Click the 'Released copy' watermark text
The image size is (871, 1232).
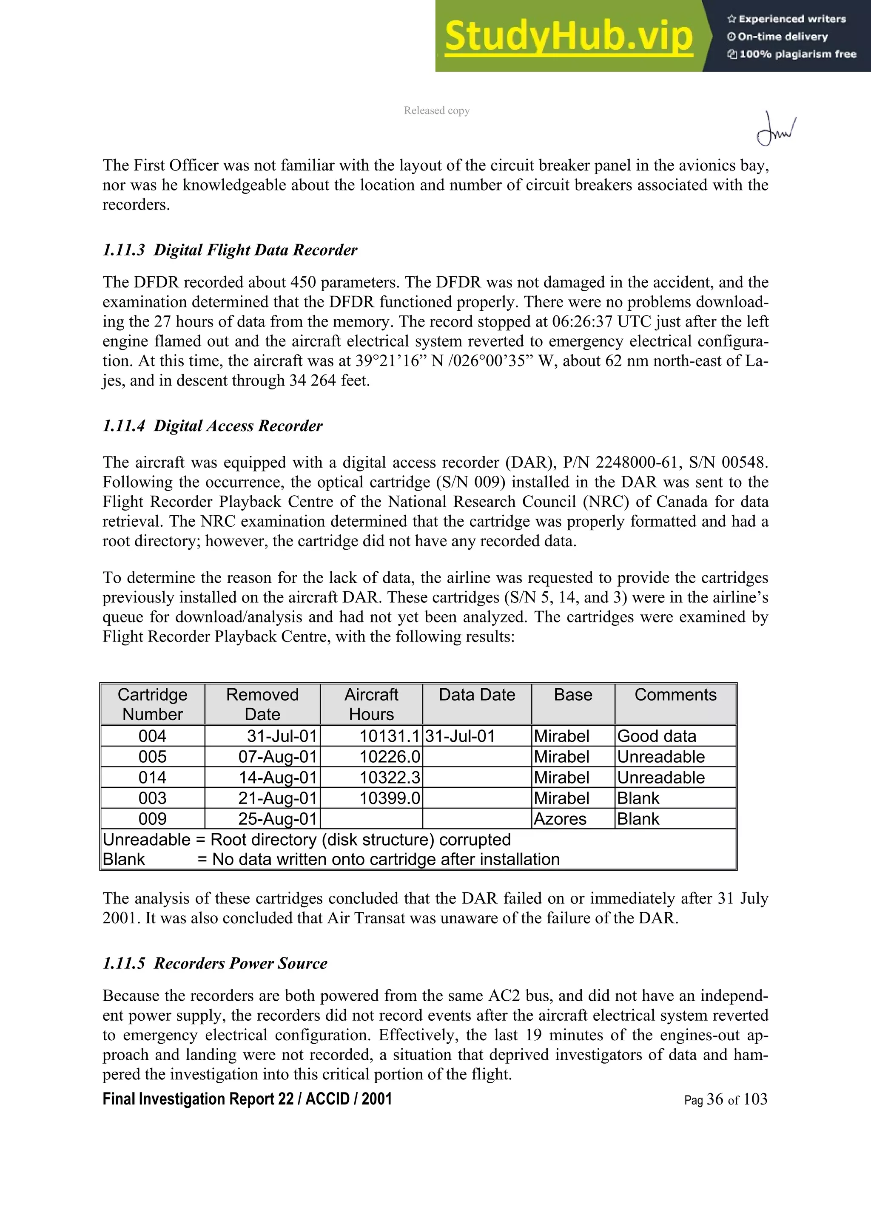coord(437,111)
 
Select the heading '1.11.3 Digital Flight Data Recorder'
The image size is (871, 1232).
coord(230,250)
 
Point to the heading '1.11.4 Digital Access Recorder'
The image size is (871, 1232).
coord(213,426)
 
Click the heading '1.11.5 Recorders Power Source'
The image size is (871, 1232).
coord(215,963)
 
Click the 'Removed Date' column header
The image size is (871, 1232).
coord(262,704)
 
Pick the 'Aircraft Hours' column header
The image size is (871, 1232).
coord(371,704)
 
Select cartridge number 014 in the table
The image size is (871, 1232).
coord(152,778)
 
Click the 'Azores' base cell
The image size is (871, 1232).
coord(560,819)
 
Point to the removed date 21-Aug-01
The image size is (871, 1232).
coord(278,798)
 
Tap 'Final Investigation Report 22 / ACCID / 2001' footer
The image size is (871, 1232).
coord(247,1099)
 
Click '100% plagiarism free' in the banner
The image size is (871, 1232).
coord(797,54)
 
